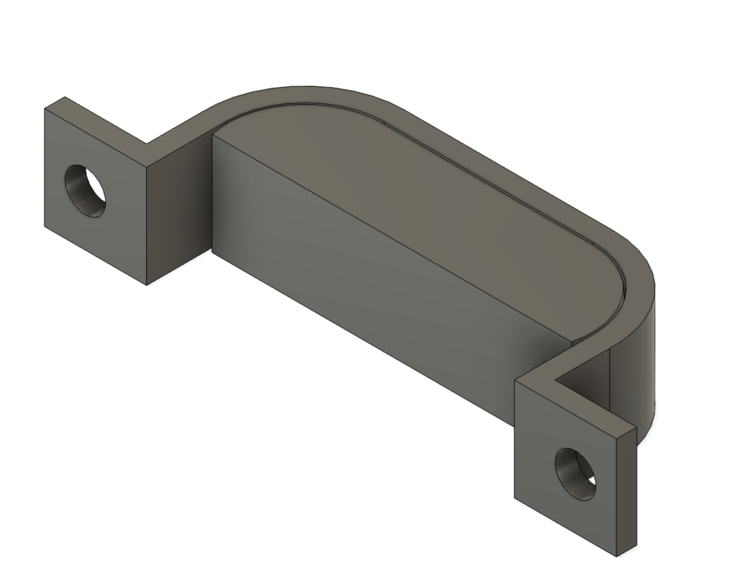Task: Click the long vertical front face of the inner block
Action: click(x=354, y=287)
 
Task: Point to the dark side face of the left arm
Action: click(x=179, y=203)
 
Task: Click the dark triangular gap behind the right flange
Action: click(x=587, y=382)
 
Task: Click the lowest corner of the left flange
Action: click(x=147, y=285)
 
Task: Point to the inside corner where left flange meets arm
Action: click(x=147, y=143)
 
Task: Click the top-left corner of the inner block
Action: click(x=212, y=134)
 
